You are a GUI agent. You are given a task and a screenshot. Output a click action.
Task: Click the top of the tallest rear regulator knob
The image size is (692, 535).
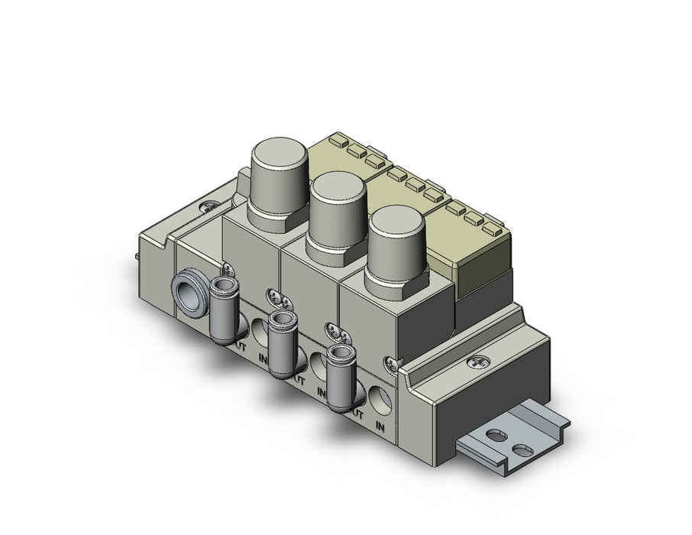tap(280, 157)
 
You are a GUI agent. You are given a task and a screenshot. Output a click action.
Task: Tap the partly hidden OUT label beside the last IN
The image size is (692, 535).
tap(356, 413)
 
